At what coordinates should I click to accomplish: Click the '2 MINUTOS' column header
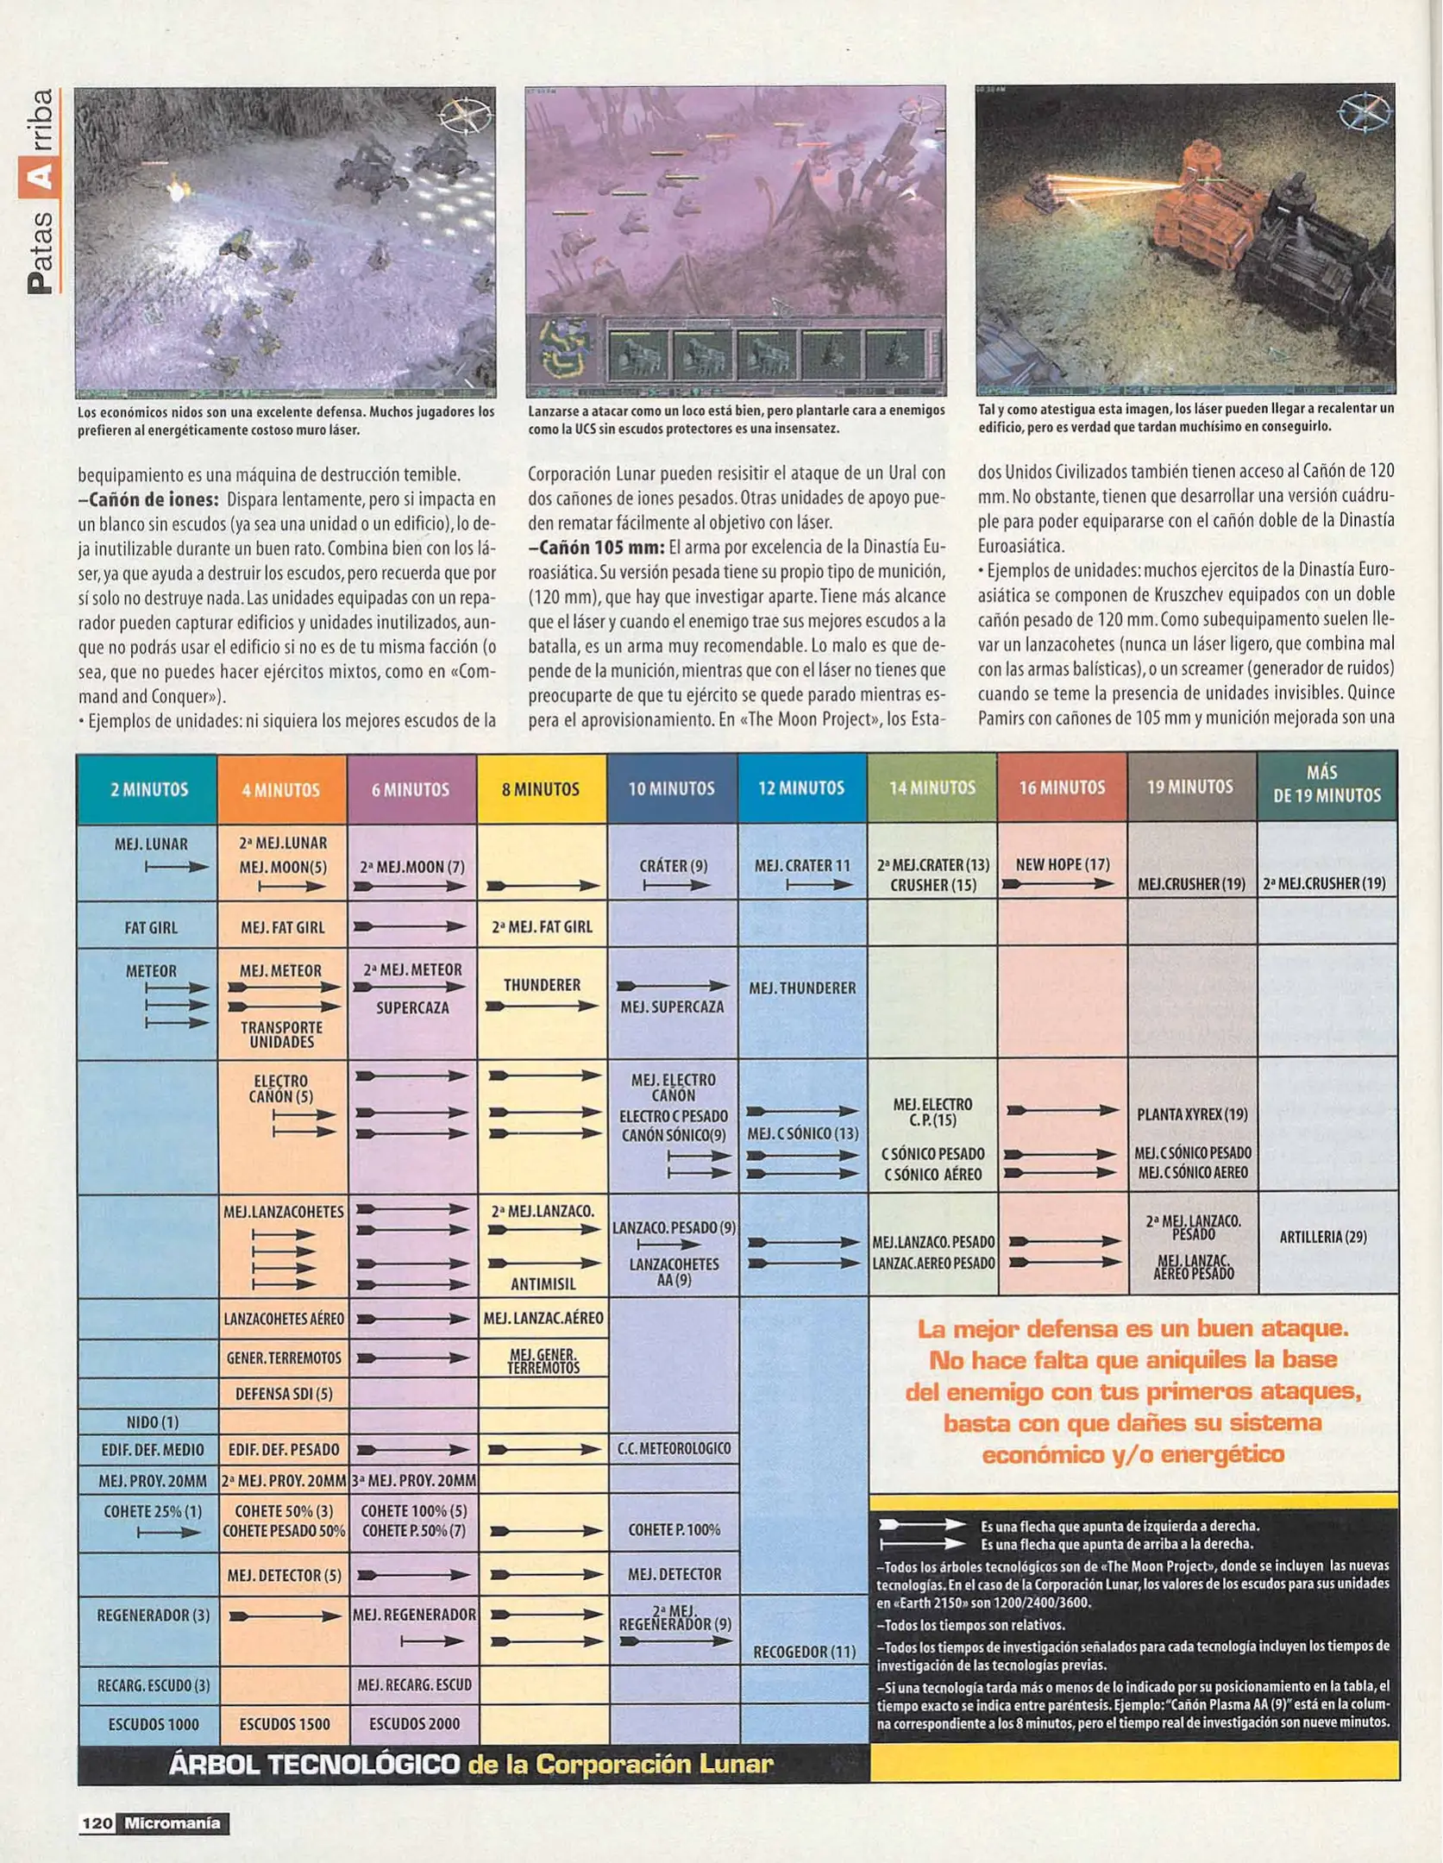tap(148, 789)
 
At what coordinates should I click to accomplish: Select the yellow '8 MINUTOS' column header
tap(541, 789)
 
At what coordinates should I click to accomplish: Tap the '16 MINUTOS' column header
tap(1061, 787)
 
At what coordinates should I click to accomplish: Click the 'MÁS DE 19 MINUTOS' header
tap(1327, 785)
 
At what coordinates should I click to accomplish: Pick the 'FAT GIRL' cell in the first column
tap(150, 928)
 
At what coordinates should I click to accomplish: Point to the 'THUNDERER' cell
tap(542, 985)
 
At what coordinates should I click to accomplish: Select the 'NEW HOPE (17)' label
tap(1062, 864)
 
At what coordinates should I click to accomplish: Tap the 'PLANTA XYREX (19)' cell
tap(1192, 1114)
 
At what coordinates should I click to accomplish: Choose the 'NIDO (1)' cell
tap(152, 1422)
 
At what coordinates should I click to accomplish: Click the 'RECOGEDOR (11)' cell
tap(804, 1652)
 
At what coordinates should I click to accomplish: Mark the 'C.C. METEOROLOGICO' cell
tap(674, 1449)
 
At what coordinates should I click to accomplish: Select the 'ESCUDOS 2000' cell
tap(414, 1723)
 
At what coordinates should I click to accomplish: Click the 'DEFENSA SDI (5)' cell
tap(284, 1394)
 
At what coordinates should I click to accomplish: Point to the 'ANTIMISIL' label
tap(543, 1284)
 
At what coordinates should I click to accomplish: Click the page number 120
tap(97, 1822)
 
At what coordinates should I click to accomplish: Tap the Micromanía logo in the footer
tap(172, 1822)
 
